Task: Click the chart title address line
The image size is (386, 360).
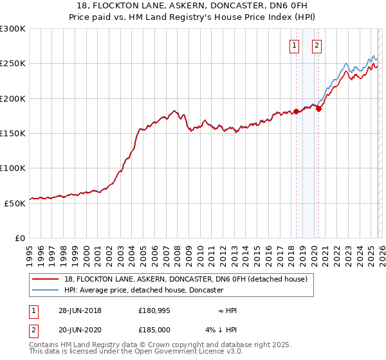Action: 193,6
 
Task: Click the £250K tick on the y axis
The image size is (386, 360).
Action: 14,64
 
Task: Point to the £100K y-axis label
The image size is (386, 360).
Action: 14,168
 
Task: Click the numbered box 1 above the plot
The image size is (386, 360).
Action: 294,45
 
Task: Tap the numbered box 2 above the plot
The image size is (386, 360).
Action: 317,45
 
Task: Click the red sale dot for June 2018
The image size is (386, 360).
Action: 296,111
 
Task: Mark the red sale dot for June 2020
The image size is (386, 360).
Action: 318,109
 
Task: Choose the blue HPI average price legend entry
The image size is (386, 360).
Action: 143,290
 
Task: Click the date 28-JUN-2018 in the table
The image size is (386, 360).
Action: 80,310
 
